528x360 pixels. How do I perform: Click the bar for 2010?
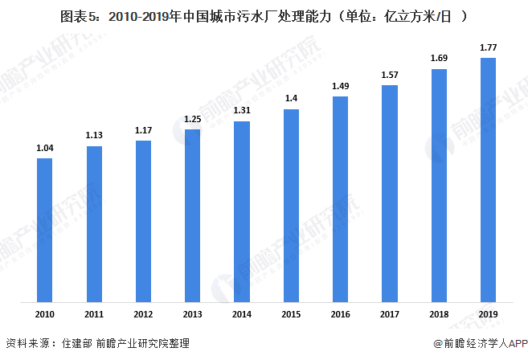(45, 231)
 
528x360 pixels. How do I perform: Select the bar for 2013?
(193, 216)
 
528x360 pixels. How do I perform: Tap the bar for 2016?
(340, 200)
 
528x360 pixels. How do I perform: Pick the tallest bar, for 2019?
(488, 181)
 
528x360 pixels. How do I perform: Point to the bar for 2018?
(439, 186)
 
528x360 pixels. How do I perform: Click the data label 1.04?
(45, 148)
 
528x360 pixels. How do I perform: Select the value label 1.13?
(94, 135)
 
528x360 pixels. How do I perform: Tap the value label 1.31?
(242, 111)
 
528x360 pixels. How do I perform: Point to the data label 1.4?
(291, 98)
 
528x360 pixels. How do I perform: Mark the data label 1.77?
(488, 48)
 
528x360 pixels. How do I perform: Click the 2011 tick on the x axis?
(94, 313)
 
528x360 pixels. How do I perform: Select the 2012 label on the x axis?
(143, 313)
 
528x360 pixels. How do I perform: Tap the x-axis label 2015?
(291, 313)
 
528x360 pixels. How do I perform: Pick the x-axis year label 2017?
(390, 313)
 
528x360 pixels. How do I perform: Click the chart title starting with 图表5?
(264, 15)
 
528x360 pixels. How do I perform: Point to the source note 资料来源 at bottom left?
(97, 344)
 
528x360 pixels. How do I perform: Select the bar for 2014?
(242, 212)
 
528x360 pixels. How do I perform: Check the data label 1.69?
(439, 58)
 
